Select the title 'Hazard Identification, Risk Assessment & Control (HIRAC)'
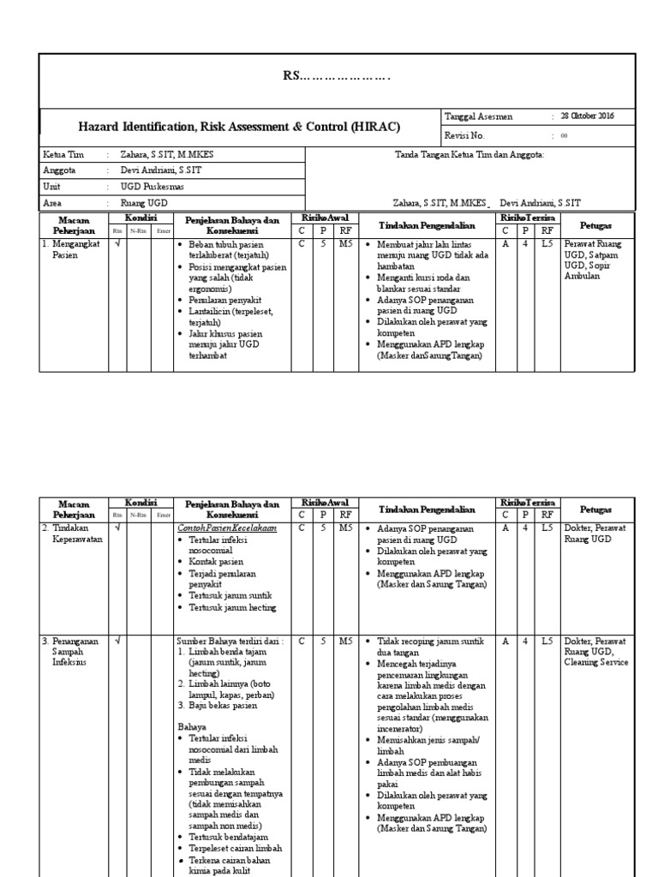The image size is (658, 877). [x=239, y=127]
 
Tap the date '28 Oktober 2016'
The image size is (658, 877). [x=587, y=116]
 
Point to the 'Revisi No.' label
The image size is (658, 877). [x=465, y=136]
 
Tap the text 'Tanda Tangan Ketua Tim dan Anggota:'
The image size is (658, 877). [x=469, y=155]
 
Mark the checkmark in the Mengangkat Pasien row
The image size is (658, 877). [x=117, y=244]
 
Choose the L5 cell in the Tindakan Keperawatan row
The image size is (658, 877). [x=547, y=529]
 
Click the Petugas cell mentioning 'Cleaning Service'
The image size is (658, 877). [x=596, y=651]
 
